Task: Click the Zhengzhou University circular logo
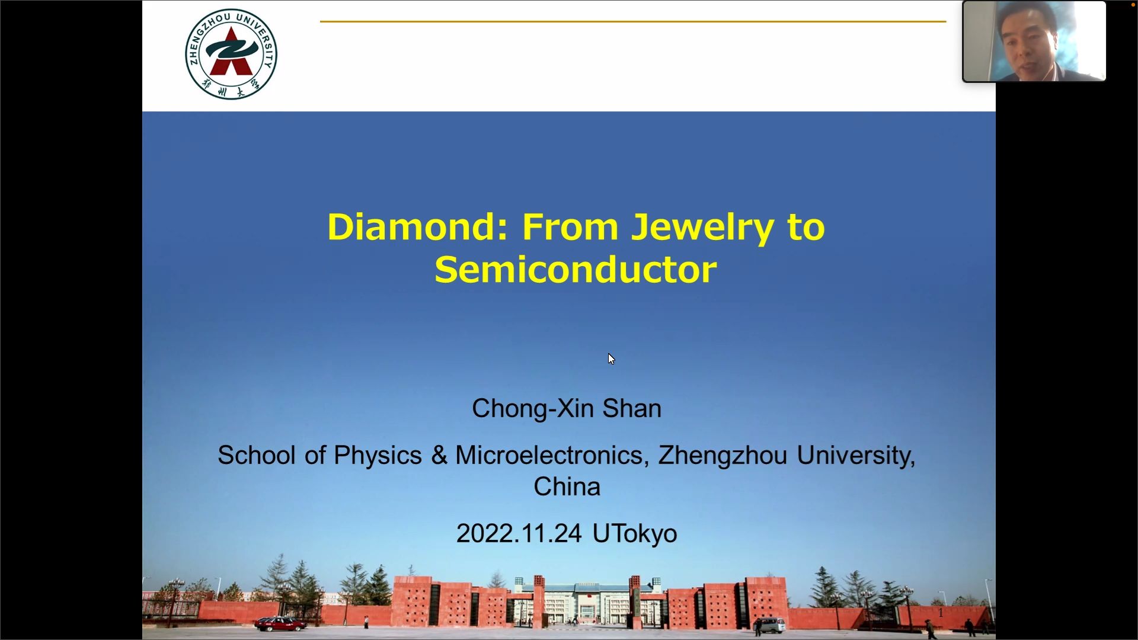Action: pos(231,54)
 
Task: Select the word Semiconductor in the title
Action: pos(576,270)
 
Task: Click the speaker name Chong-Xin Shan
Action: pos(567,408)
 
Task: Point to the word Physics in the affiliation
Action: pos(378,456)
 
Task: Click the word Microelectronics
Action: pos(548,455)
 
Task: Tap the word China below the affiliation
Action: pos(567,487)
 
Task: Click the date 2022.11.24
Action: pos(519,533)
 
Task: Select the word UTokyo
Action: pos(635,533)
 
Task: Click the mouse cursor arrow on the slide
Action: pos(611,359)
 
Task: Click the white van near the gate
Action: pos(772,625)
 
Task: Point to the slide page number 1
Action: pos(941,613)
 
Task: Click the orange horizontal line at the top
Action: pos(633,21)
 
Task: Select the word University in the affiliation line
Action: pos(856,456)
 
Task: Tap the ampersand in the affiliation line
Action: pos(439,456)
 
